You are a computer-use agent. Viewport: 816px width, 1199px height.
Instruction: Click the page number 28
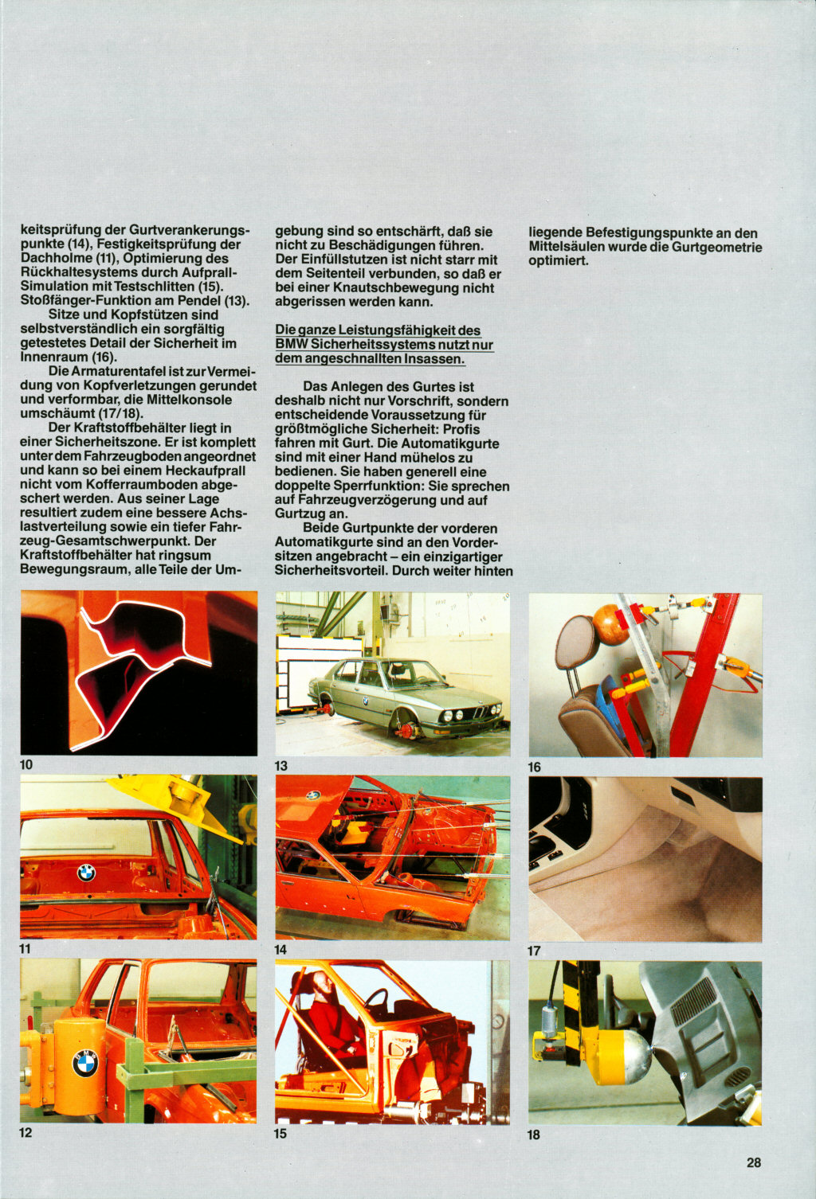tap(753, 1162)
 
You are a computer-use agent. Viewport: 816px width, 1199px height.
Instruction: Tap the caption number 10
tap(26, 764)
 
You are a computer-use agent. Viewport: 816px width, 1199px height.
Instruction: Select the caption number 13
tap(280, 766)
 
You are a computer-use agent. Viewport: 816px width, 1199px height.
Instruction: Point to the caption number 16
tap(534, 767)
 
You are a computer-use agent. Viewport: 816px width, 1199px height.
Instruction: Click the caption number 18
tap(533, 1135)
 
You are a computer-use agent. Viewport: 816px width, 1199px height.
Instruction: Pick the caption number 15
tap(280, 1133)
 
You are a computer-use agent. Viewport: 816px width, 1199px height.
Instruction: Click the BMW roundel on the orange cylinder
tap(84, 1063)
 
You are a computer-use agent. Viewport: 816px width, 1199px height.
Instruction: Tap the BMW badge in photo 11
tap(85, 873)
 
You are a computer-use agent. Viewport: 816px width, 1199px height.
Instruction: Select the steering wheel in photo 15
tap(375, 1000)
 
